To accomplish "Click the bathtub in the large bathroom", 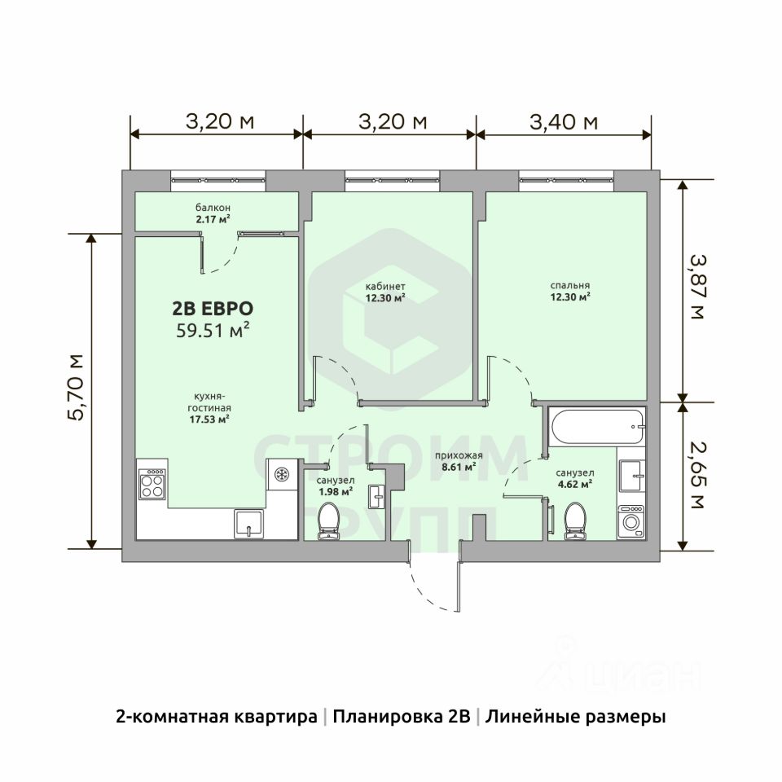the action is click(x=597, y=426).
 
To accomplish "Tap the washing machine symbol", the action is click(x=630, y=521).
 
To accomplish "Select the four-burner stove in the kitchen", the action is click(x=152, y=484).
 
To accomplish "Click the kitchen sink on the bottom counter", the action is click(x=249, y=523).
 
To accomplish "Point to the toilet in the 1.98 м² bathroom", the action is click(x=328, y=521).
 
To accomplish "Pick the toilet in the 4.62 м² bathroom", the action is click(x=575, y=521).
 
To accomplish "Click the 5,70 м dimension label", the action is click(x=77, y=388).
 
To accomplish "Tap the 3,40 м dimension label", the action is click(x=564, y=121).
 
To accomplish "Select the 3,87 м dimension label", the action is click(x=697, y=288).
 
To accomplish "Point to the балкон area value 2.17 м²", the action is click(x=213, y=218).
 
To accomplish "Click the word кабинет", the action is click(x=385, y=287).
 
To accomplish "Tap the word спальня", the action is click(x=570, y=286).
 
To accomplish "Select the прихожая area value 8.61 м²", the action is click(x=459, y=467).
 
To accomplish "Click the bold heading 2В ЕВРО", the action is click(x=213, y=309).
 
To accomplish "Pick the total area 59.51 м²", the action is click(x=213, y=330).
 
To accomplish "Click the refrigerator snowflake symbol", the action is click(x=282, y=474).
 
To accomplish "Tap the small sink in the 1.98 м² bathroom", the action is click(x=377, y=497).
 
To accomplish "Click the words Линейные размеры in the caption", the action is click(x=576, y=717).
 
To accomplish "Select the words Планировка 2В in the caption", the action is click(x=402, y=717).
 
